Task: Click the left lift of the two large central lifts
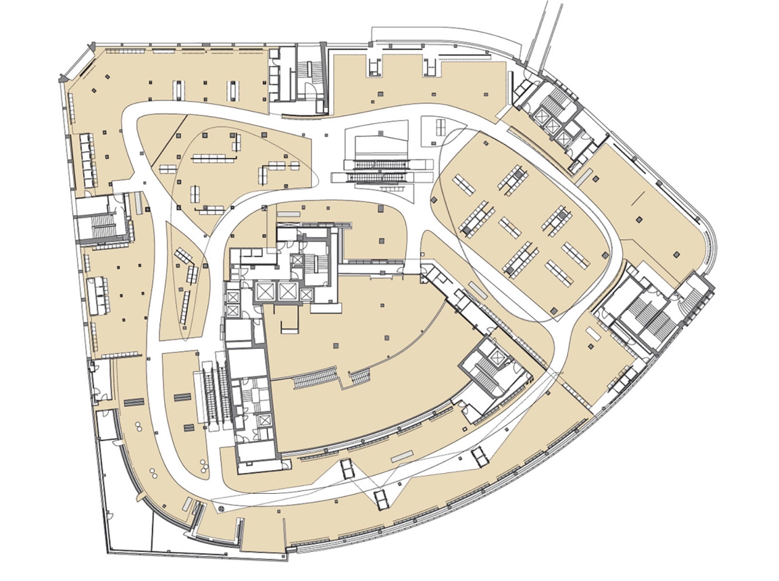click(263, 291)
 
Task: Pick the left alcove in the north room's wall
click(375, 66)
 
